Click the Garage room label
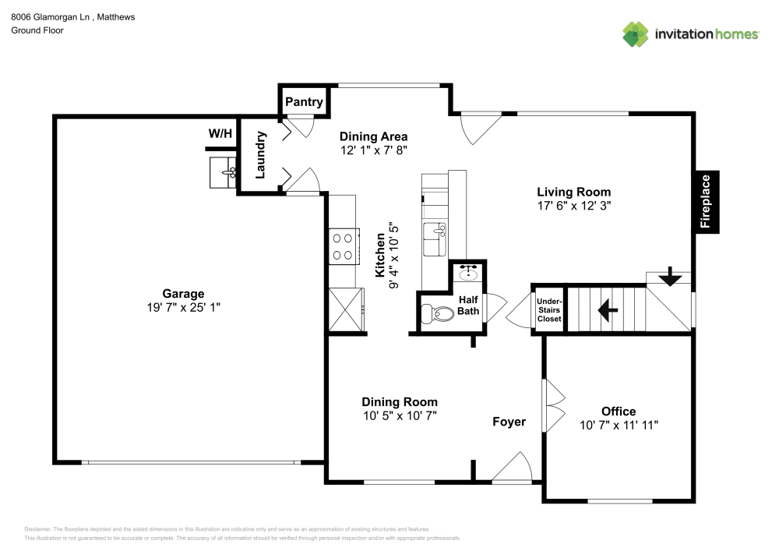183,294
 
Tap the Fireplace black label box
706,201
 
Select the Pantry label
304,102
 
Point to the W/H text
220,134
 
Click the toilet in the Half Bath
437,315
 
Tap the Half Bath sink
469,274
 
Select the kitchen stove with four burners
344,246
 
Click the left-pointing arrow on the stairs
608,310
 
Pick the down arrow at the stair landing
668,277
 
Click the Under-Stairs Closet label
548,310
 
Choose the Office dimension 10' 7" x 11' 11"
619,426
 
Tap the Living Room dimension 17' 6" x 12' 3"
574,206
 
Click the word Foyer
509,422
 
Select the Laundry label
261,154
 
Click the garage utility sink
224,172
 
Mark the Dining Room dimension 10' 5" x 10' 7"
399,416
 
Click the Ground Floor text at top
37,30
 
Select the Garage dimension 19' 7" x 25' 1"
183,307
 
